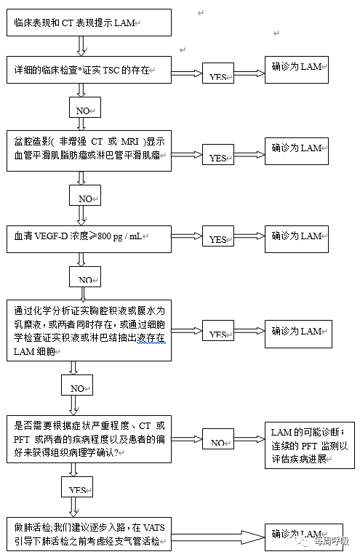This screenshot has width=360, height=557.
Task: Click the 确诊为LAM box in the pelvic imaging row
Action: tap(297, 149)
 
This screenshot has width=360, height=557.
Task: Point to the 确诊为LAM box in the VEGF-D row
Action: tap(297, 236)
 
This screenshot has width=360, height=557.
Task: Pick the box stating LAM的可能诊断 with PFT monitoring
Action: tap(308, 441)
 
